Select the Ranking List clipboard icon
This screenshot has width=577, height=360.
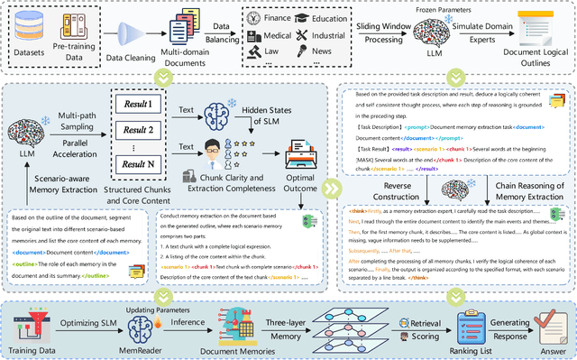pyautogui.click(x=474, y=321)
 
